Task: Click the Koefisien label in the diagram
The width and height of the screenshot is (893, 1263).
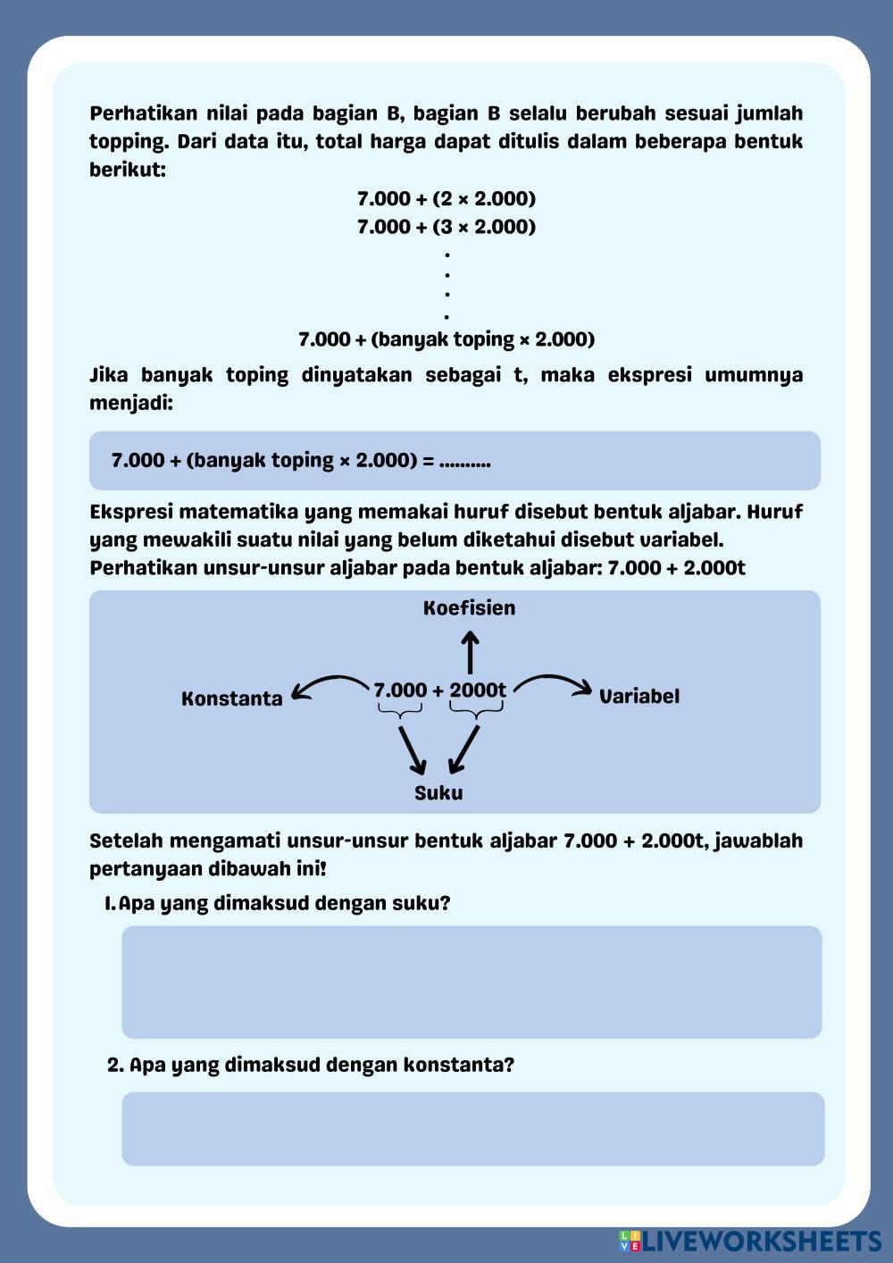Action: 469,608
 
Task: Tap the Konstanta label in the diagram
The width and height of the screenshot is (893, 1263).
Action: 231,698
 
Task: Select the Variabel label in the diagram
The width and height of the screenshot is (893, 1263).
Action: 638,697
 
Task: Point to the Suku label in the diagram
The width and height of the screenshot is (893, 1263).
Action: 438,793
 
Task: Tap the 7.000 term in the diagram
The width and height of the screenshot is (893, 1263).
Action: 400,690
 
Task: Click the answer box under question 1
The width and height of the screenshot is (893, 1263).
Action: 472,982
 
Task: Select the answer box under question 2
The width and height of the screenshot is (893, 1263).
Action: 472,1128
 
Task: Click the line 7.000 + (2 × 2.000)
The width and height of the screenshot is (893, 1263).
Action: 446,198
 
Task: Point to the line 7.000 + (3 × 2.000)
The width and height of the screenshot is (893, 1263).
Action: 446,227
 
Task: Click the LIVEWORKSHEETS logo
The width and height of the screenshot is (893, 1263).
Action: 750,1241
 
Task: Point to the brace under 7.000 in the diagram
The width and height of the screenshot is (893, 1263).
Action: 399,712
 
